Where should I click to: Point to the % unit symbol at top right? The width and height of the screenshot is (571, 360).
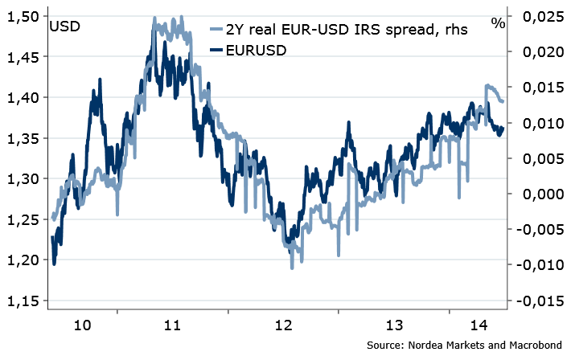(498, 22)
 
